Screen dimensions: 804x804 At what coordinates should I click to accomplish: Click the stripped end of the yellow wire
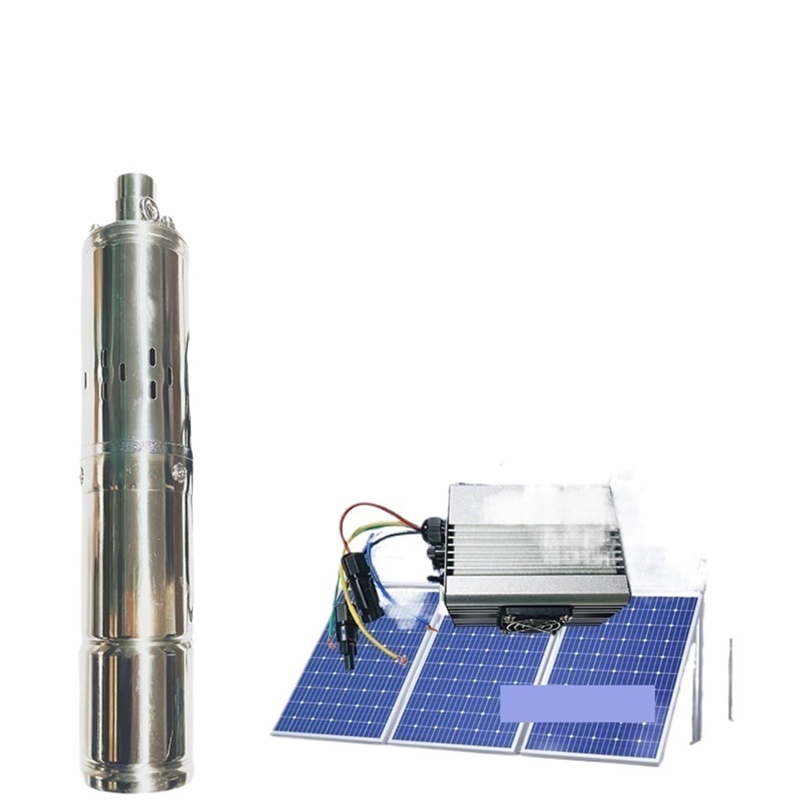[402, 662]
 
